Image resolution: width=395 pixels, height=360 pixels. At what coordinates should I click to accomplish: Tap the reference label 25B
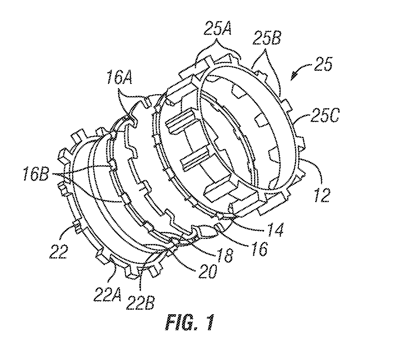[x=267, y=40]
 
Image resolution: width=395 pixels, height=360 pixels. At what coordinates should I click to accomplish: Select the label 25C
[x=325, y=115]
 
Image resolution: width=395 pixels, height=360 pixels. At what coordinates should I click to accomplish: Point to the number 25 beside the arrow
[x=323, y=64]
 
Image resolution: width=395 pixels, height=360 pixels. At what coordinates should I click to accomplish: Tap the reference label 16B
[x=36, y=174]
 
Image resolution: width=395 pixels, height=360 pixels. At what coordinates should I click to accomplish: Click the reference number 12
[x=322, y=195]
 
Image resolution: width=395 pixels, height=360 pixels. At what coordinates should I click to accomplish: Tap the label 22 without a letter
[x=59, y=251]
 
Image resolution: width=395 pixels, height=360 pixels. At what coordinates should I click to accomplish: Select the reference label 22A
[x=108, y=295]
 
